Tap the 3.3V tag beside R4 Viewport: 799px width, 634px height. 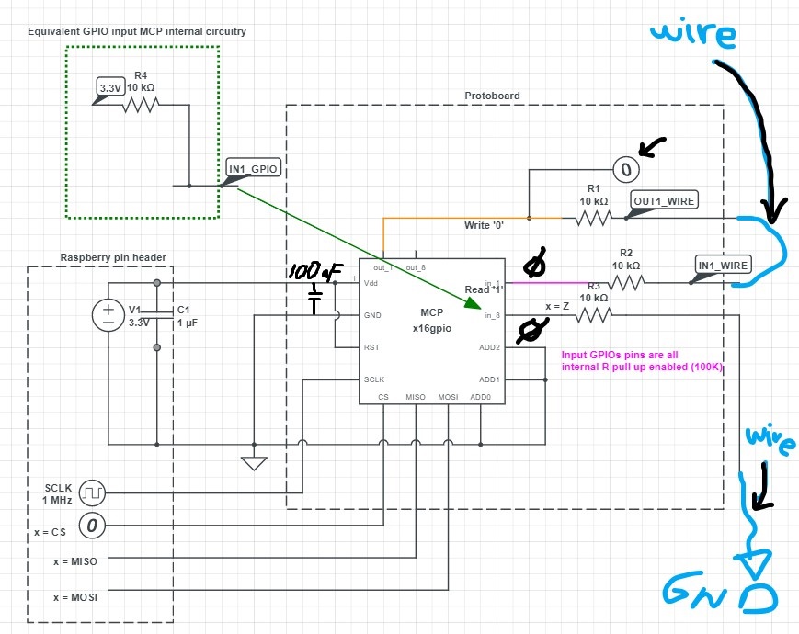click(x=110, y=88)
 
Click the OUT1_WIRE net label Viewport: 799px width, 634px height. click(x=662, y=199)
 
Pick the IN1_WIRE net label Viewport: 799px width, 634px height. click(x=724, y=266)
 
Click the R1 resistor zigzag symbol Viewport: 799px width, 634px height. click(x=593, y=219)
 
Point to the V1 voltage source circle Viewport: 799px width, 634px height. click(x=108, y=315)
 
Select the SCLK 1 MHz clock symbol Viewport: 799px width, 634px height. click(x=93, y=492)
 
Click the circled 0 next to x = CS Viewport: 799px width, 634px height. click(x=93, y=526)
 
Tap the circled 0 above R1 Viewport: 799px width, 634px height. click(x=625, y=168)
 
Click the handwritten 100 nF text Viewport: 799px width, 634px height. click(x=315, y=273)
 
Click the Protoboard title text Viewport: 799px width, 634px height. click(x=492, y=96)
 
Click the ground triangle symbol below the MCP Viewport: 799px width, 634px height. click(x=253, y=463)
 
